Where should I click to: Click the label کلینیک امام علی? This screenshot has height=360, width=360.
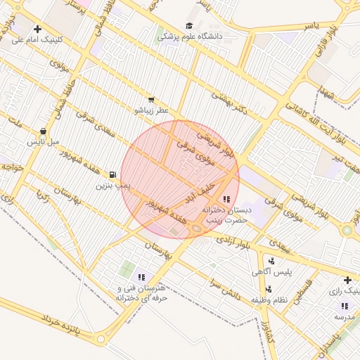[38, 40]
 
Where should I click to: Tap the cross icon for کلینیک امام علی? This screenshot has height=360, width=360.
[37, 30]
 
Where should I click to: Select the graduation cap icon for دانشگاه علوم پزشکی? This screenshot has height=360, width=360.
[189, 26]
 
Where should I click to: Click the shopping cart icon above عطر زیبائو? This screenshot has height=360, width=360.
[152, 101]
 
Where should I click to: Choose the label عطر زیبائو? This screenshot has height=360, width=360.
[152, 111]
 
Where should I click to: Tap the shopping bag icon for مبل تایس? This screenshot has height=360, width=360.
[44, 131]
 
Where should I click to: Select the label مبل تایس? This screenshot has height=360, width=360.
[41, 142]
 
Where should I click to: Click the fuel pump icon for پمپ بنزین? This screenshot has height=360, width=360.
[112, 175]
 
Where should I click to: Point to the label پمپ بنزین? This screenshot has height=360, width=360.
[112, 186]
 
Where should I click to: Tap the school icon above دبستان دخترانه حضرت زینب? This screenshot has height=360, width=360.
[226, 200]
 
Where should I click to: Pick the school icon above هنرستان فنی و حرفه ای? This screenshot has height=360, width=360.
[141, 277]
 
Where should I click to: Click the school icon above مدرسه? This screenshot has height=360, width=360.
[345, 306]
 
